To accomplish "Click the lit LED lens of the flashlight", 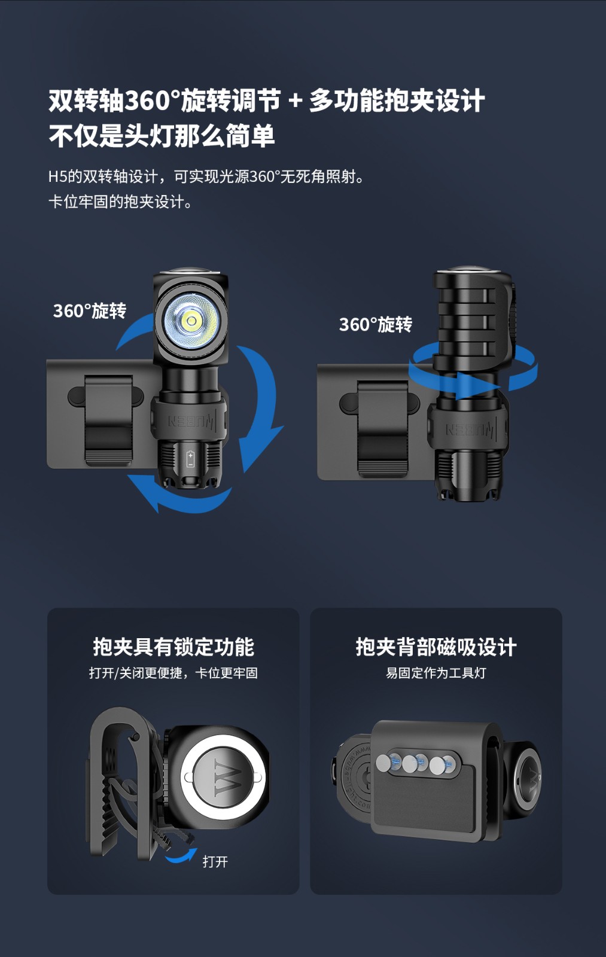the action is point(191,321).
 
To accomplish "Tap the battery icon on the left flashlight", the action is point(191,459).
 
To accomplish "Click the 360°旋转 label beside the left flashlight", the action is point(90,310).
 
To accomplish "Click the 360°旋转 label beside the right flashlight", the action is point(376,324).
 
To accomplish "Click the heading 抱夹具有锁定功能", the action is point(173,647).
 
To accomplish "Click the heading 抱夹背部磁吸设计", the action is point(436,647).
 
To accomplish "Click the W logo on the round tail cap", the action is point(225,778).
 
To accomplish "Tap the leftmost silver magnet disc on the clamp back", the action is point(383,762).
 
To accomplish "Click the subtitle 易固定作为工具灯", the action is point(436,673).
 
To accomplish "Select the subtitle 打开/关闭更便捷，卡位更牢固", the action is point(173,673).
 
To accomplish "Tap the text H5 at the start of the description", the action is point(57,176).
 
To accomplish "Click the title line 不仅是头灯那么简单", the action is point(162,135).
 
